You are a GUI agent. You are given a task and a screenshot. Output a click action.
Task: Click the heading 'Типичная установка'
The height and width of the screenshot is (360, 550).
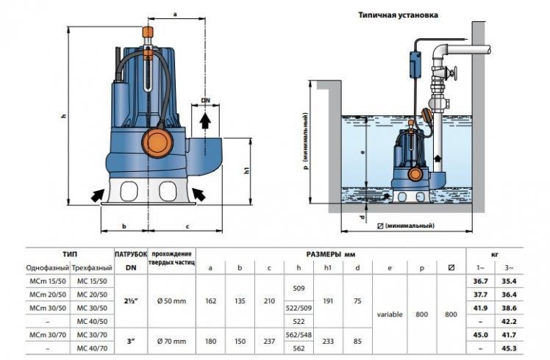pos(399,14)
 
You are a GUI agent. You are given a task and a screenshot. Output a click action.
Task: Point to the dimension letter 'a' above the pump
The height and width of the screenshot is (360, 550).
pos(175,14)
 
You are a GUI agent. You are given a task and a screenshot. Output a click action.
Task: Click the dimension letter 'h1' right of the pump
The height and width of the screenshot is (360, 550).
pos(247,170)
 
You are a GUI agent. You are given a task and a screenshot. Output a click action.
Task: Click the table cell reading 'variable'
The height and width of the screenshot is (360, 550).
pos(390,314)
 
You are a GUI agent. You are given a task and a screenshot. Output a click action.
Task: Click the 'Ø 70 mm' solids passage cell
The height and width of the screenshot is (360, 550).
pos(171,341)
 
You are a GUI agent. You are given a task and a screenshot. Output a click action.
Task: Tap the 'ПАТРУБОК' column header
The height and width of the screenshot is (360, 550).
pos(132,253)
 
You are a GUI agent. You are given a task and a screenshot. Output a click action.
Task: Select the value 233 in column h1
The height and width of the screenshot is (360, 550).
pos(328,341)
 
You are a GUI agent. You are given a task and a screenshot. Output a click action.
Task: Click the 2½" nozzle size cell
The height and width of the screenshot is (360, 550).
pos(132,300)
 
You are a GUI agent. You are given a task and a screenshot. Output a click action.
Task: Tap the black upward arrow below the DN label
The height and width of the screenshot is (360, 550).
pos(207,118)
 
